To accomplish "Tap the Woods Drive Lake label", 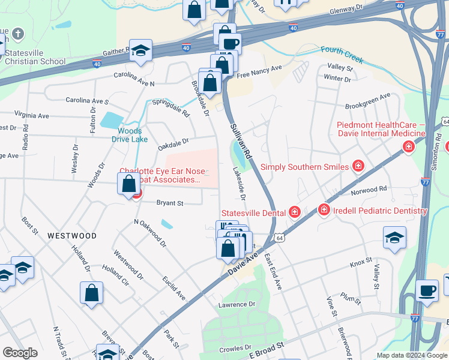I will [x=130, y=135].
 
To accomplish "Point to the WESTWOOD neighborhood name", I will [x=72, y=236].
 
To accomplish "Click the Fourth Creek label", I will [x=341, y=53].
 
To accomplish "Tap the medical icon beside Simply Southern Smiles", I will [x=358, y=165].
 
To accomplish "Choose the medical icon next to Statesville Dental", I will [x=295, y=212].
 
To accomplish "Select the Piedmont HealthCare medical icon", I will [x=409, y=146].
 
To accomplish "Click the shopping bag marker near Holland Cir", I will [x=91, y=293].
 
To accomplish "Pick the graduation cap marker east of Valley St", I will [x=394, y=238].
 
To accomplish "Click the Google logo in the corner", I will [x=20, y=353].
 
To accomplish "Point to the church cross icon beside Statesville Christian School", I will [x=18, y=34].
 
